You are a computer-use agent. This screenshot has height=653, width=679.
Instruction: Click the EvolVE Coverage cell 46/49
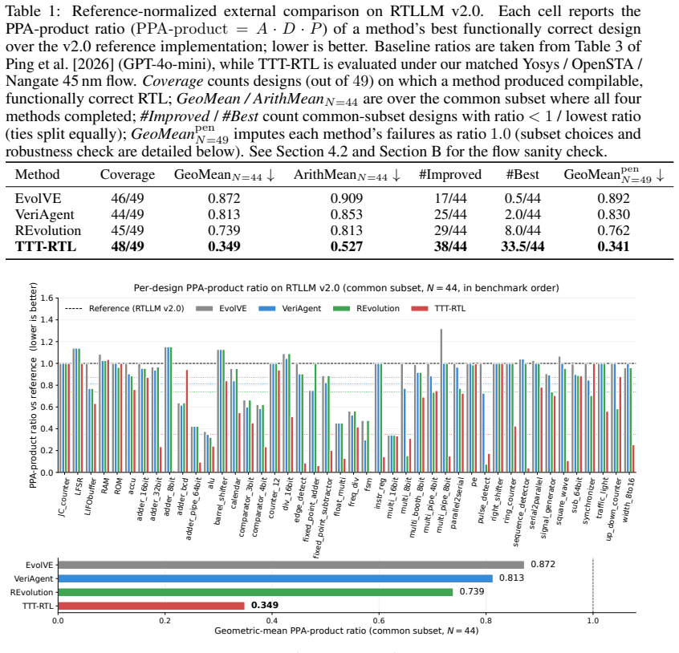[x=128, y=199]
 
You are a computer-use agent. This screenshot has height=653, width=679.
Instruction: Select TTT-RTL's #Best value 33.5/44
[x=522, y=246]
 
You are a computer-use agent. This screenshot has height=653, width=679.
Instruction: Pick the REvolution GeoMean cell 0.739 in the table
[x=224, y=231]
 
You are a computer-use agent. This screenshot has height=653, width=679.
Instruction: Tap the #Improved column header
[x=450, y=174]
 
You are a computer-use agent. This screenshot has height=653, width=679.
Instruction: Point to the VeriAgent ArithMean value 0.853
[x=347, y=215]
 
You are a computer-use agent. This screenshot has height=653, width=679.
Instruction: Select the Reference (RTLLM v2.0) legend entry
[x=124, y=309]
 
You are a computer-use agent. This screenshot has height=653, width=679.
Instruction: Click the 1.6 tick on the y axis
[x=47, y=298]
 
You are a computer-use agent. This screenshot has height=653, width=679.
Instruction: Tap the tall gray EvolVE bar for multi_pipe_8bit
[x=441, y=401]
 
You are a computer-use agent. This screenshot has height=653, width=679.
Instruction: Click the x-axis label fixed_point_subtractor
[x=323, y=517]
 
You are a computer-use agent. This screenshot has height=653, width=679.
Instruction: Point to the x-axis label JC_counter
[x=63, y=497]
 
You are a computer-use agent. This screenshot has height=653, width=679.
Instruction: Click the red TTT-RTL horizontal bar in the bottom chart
[x=151, y=606]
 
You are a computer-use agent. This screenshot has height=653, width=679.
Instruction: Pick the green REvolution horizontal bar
[x=255, y=592]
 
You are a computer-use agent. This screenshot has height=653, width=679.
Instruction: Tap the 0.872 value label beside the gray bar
[x=543, y=564]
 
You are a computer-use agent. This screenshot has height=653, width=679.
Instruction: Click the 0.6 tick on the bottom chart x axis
[x=379, y=621]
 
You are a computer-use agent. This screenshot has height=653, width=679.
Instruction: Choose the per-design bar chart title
[x=346, y=288]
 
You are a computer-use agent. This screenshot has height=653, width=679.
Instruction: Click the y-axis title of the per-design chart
[x=34, y=385]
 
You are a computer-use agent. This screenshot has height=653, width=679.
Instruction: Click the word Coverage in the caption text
[x=173, y=81]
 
